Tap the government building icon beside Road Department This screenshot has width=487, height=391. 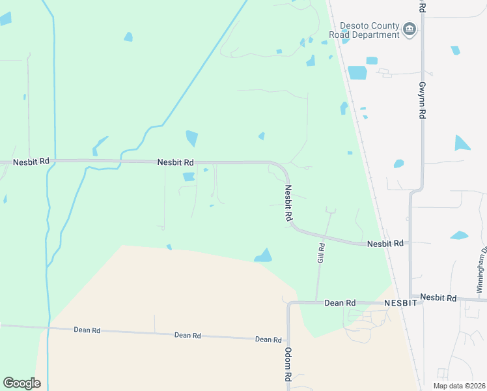[x=410, y=29]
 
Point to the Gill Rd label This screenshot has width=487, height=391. [x=321, y=252]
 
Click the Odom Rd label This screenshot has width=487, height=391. [x=287, y=364]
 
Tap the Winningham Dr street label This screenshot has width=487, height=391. [x=481, y=268]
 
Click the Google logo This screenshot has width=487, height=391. [x=21, y=383]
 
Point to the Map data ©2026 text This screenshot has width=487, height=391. [x=458, y=386]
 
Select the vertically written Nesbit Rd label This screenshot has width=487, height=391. [x=288, y=204]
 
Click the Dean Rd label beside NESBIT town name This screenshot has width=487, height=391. [x=340, y=303]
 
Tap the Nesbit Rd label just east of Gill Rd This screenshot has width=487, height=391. [x=385, y=243]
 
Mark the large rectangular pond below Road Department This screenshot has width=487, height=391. [x=357, y=72]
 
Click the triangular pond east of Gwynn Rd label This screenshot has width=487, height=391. [x=462, y=143]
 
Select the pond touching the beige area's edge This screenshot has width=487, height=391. [x=264, y=255]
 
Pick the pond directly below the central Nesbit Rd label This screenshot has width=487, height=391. [x=189, y=176]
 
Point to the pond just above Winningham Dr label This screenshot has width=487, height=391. [x=459, y=235]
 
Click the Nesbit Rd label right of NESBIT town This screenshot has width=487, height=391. [x=438, y=297]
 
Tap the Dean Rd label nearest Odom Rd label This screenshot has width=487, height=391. [x=268, y=340]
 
